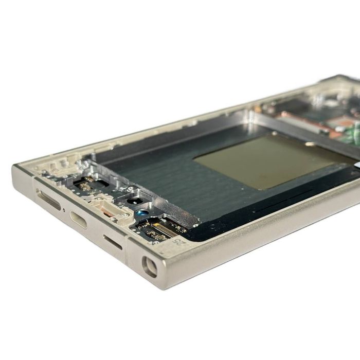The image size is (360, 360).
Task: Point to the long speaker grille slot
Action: pyautogui.click(x=49, y=200)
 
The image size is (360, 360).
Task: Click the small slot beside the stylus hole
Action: pyautogui.click(x=113, y=242)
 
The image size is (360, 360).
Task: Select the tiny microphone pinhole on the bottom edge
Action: pyautogui.click(x=63, y=210)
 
